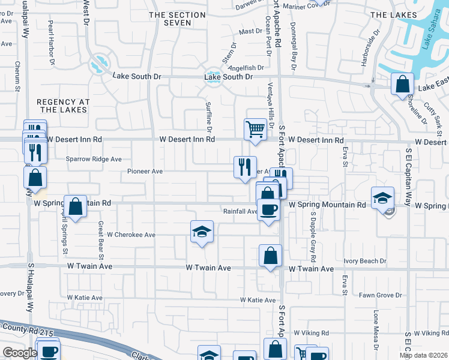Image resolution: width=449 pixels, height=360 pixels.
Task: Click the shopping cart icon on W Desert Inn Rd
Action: point(256,129)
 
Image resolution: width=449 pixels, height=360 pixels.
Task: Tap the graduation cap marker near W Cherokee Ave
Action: point(202,232)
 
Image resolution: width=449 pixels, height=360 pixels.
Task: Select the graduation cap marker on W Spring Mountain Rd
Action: point(382,197)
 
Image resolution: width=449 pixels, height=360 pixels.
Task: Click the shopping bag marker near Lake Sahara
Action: point(402,84)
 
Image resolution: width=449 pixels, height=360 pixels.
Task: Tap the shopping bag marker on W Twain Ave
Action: point(271,255)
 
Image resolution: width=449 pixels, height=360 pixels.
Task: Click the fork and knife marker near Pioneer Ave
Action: point(244,167)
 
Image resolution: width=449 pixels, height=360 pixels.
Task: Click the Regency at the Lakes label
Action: point(63,106)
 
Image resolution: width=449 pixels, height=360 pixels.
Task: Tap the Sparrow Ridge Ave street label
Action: point(94,160)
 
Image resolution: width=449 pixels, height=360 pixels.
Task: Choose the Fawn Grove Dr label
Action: point(380,295)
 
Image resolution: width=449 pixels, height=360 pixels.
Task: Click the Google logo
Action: point(19,353)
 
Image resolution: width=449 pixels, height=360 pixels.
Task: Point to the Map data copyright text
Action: point(423,355)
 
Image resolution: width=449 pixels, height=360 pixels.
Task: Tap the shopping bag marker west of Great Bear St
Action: point(76,206)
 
